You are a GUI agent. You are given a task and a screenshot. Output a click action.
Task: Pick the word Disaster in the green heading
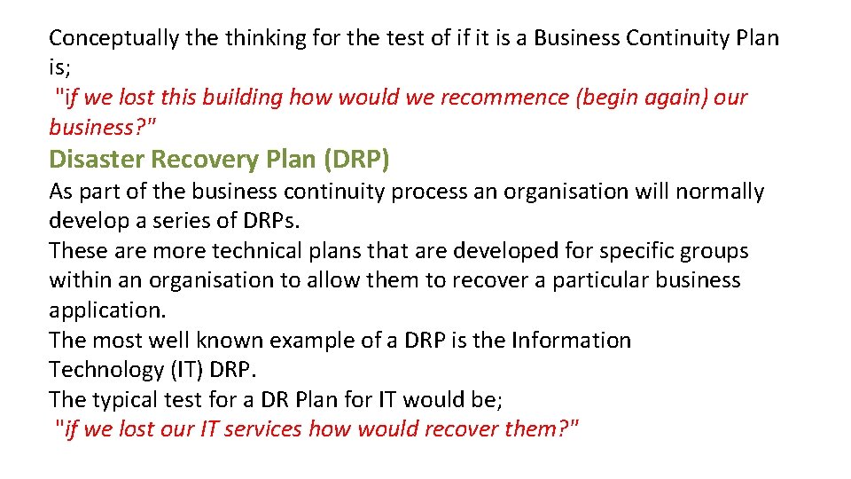pyautogui.click(x=98, y=159)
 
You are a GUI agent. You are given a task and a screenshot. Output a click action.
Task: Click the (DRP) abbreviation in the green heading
pyautogui.click(x=356, y=159)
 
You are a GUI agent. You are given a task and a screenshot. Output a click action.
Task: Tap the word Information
pyautogui.click(x=572, y=341)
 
